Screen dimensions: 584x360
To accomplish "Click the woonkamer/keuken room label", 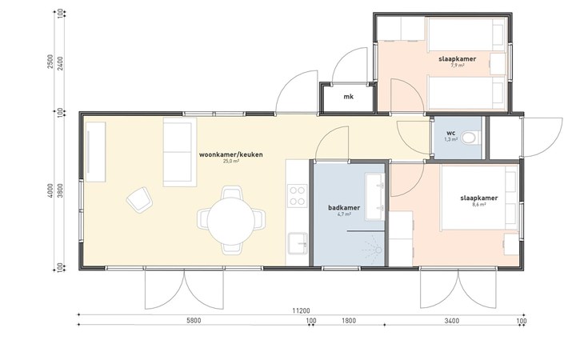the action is (231, 154).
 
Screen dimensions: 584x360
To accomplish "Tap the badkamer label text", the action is (344, 208).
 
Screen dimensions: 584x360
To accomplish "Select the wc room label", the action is (450, 133).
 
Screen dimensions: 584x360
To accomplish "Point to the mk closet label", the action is (348, 97).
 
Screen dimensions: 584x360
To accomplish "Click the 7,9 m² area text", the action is (458, 65).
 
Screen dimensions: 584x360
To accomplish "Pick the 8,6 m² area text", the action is (479, 204).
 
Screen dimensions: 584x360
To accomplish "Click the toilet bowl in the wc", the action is (470, 138).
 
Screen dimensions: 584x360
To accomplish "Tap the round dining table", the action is (231, 221).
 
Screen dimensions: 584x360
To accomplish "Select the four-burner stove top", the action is (298, 196).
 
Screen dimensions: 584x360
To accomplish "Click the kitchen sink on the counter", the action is (298, 243).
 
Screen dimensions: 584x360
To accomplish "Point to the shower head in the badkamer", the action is (378, 250).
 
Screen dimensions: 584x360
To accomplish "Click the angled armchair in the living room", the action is (140, 199).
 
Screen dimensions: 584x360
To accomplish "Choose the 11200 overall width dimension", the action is (301, 311).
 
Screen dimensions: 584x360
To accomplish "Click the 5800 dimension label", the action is (194, 321).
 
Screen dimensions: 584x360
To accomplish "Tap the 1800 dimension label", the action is (348, 321).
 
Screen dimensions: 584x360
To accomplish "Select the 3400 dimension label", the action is (451, 321).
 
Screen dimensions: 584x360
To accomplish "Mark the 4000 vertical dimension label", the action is (50, 190).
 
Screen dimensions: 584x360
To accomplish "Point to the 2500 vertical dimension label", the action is (50, 62).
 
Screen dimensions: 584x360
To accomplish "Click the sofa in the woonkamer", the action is (180, 152).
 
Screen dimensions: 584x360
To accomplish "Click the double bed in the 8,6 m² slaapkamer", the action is (479, 198).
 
